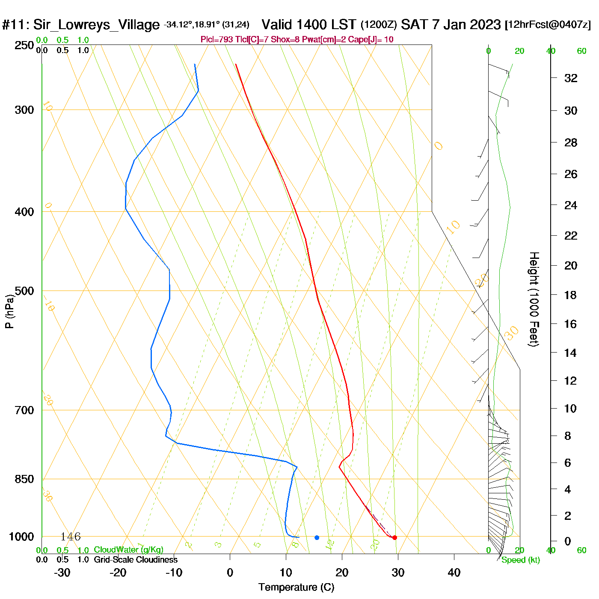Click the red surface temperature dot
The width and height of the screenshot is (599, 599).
[394, 537]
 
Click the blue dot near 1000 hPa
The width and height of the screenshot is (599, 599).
[317, 537]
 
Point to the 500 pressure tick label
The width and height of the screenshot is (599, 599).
[24, 291]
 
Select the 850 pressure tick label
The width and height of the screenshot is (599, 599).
[24, 479]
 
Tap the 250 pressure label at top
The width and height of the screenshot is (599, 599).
[24, 45]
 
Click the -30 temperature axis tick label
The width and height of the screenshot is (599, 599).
[62, 572]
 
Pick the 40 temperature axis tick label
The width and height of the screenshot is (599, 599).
[454, 572]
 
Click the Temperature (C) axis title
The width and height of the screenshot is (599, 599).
[296, 587]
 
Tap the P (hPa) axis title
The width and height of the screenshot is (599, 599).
[9, 311]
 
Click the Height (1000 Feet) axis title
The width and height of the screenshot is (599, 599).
[534, 299]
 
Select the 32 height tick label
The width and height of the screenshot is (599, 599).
[571, 78]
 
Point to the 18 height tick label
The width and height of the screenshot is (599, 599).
[571, 295]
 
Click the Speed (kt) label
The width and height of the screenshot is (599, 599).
[520, 560]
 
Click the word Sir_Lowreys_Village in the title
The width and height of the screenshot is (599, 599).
[96, 25]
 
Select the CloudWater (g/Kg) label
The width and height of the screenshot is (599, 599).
[128, 550]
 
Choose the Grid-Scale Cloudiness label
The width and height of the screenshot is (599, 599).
[136, 560]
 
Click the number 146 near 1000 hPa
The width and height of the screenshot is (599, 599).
[70, 537]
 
